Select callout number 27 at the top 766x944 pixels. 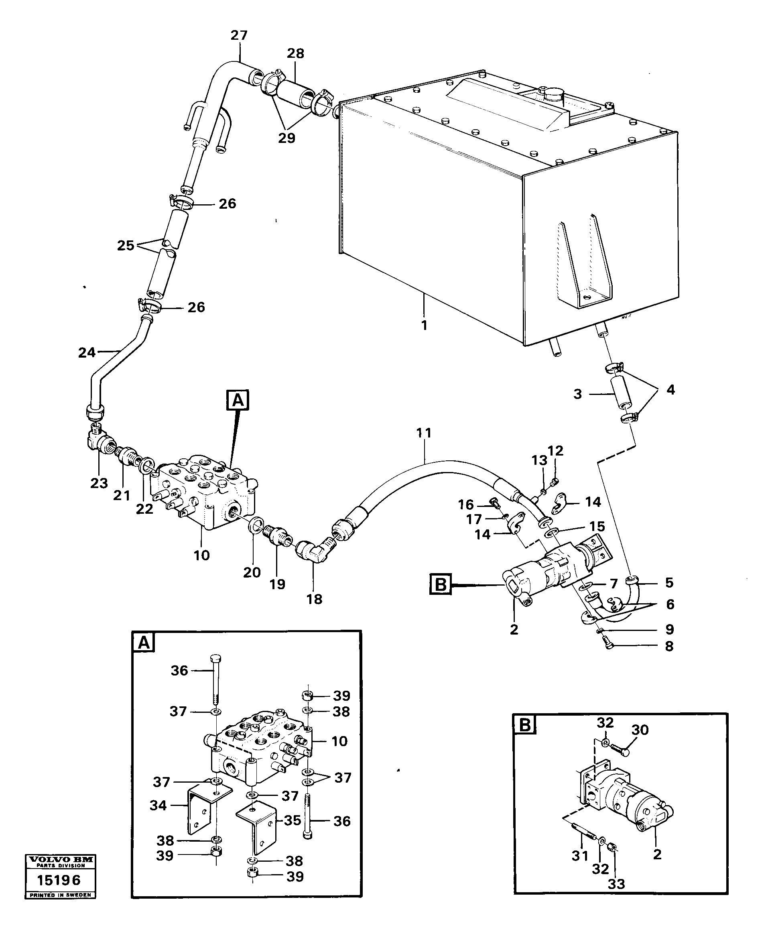click(x=239, y=35)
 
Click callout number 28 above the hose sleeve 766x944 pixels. click(x=295, y=53)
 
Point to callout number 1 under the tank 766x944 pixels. click(x=424, y=325)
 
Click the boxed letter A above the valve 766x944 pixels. click(x=238, y=400)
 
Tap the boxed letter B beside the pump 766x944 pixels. click(x=440, y=585)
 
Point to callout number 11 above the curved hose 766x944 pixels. click(x=424, y=433)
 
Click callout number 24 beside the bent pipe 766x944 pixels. click(x=87, y=352)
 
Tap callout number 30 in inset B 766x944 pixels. click(x=640, y=730)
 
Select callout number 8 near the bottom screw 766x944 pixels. click(x=669, y=646)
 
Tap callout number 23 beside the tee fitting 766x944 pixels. click(x=99, y=483)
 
